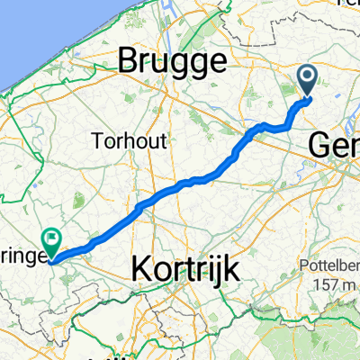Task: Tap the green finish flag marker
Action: point(52,240)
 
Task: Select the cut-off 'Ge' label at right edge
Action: point(335,144)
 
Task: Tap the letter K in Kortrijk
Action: point(143,267)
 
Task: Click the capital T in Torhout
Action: point(96,139)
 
